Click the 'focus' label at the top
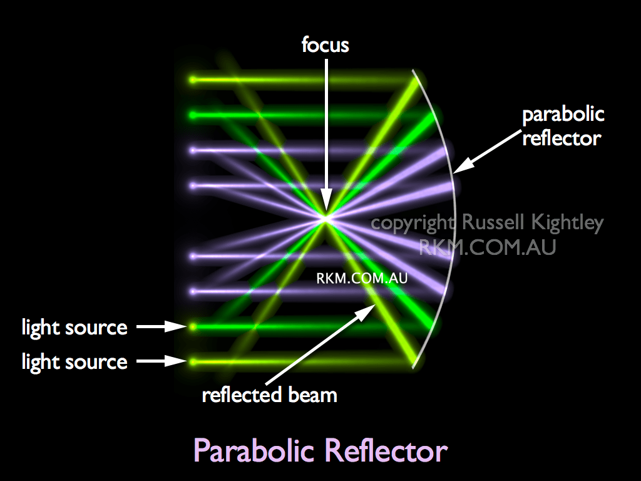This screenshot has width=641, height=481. tap(325, 46)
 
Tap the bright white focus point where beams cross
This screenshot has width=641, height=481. tap(325, 218)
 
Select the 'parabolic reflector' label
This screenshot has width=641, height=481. tap(563, 126)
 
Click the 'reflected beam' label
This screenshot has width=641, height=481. tap(269, 395)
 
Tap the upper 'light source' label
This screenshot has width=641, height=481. tap(74, 327)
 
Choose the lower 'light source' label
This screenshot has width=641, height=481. tap(74, 361)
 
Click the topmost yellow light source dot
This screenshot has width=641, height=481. tap(193, 80)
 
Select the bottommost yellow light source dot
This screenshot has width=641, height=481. tap(193, 361)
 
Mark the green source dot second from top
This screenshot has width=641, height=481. tap(193, 115)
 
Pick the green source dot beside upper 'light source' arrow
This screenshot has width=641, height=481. tap(193, 326)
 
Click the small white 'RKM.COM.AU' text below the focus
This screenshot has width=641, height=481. tap(362, 279)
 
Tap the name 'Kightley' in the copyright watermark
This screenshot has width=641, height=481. tap(566, 223)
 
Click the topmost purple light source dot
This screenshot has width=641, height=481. tap(193, 150)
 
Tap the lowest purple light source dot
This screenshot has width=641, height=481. tap(193, 291)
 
